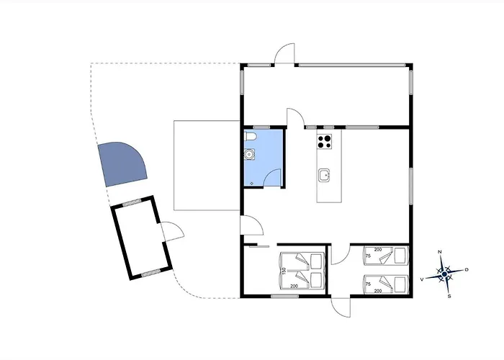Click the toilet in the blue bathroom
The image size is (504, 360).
click(251, 137)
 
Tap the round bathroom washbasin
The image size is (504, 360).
click(249, 154)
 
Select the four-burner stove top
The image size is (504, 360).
click(325, 141)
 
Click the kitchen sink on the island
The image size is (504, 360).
click(324, 176)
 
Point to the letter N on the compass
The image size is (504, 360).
click(440, 252)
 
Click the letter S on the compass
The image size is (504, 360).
click(449, 297)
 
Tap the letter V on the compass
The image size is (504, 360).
click(422, 279)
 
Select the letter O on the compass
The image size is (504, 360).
click(467, 270)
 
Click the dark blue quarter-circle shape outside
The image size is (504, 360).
click(122, 164)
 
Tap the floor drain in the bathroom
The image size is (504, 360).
click(252, 184)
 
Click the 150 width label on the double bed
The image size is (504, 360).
click(284, 271)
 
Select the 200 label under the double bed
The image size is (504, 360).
click(294, 286)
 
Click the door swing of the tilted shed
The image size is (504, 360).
click(173, 231)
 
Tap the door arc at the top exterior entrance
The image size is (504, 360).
click(284, 53)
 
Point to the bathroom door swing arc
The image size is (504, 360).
click(273, 177)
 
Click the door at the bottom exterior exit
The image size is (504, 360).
click(341, 307)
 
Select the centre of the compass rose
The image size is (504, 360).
click(444, 274)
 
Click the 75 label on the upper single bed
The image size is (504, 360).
click(369, 256)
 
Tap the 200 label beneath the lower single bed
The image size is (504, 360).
click(378, 291)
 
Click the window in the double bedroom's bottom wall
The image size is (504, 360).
click(285, 296)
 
